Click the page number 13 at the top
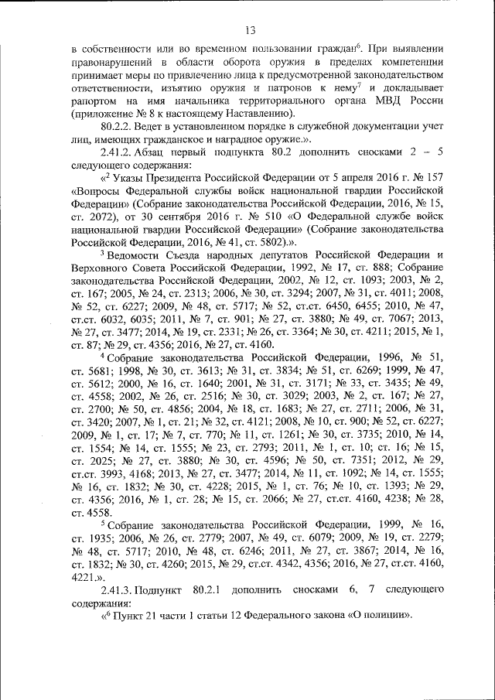pos(250,30)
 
